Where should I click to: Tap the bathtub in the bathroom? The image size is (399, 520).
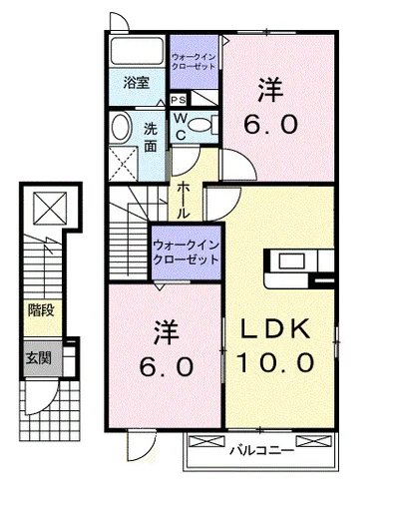point(138,52)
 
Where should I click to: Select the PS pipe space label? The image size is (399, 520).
point(179,101)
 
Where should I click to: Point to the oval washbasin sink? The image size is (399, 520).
point(122,128)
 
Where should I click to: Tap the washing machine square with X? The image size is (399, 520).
point(125,160)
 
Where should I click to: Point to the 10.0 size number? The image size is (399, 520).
point(276,359)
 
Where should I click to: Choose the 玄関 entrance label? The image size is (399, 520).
point(39,358)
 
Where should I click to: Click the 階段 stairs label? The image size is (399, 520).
point(41,309)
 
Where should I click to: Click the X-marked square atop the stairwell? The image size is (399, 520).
point(49,208)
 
